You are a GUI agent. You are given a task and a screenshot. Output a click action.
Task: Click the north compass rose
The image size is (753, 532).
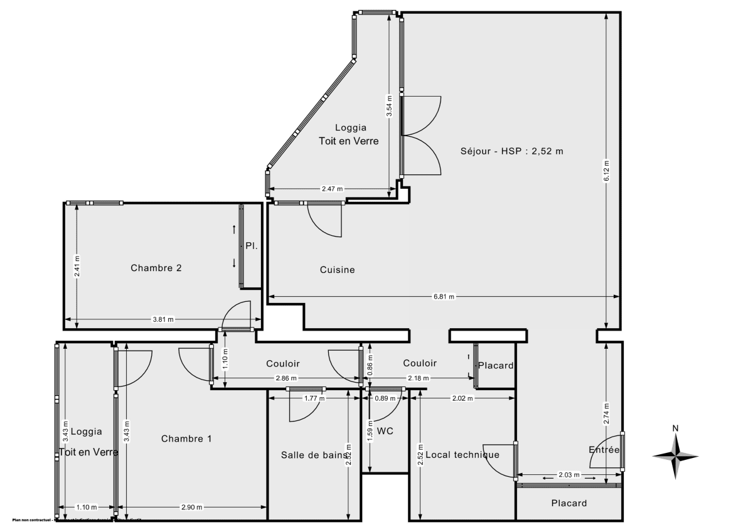pos(676,455)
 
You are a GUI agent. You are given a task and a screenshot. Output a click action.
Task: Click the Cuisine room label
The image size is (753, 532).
pos(337,270)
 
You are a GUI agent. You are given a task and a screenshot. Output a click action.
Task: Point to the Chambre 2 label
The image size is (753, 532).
pos(156,268)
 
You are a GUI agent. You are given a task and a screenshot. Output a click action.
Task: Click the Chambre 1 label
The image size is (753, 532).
pos(186,439)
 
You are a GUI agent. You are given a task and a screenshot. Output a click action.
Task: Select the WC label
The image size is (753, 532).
pos(385,431)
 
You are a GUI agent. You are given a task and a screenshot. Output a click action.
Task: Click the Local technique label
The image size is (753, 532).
pos(462,455)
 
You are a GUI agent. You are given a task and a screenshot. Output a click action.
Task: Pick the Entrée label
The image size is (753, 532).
pos(604,450)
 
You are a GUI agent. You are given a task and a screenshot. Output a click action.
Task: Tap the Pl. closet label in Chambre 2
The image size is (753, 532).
pos(251,246)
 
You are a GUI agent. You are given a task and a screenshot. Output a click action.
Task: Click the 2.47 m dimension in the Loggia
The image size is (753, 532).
pos(333,189)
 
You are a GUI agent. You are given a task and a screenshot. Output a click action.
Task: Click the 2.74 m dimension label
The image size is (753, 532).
pos(606,414)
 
